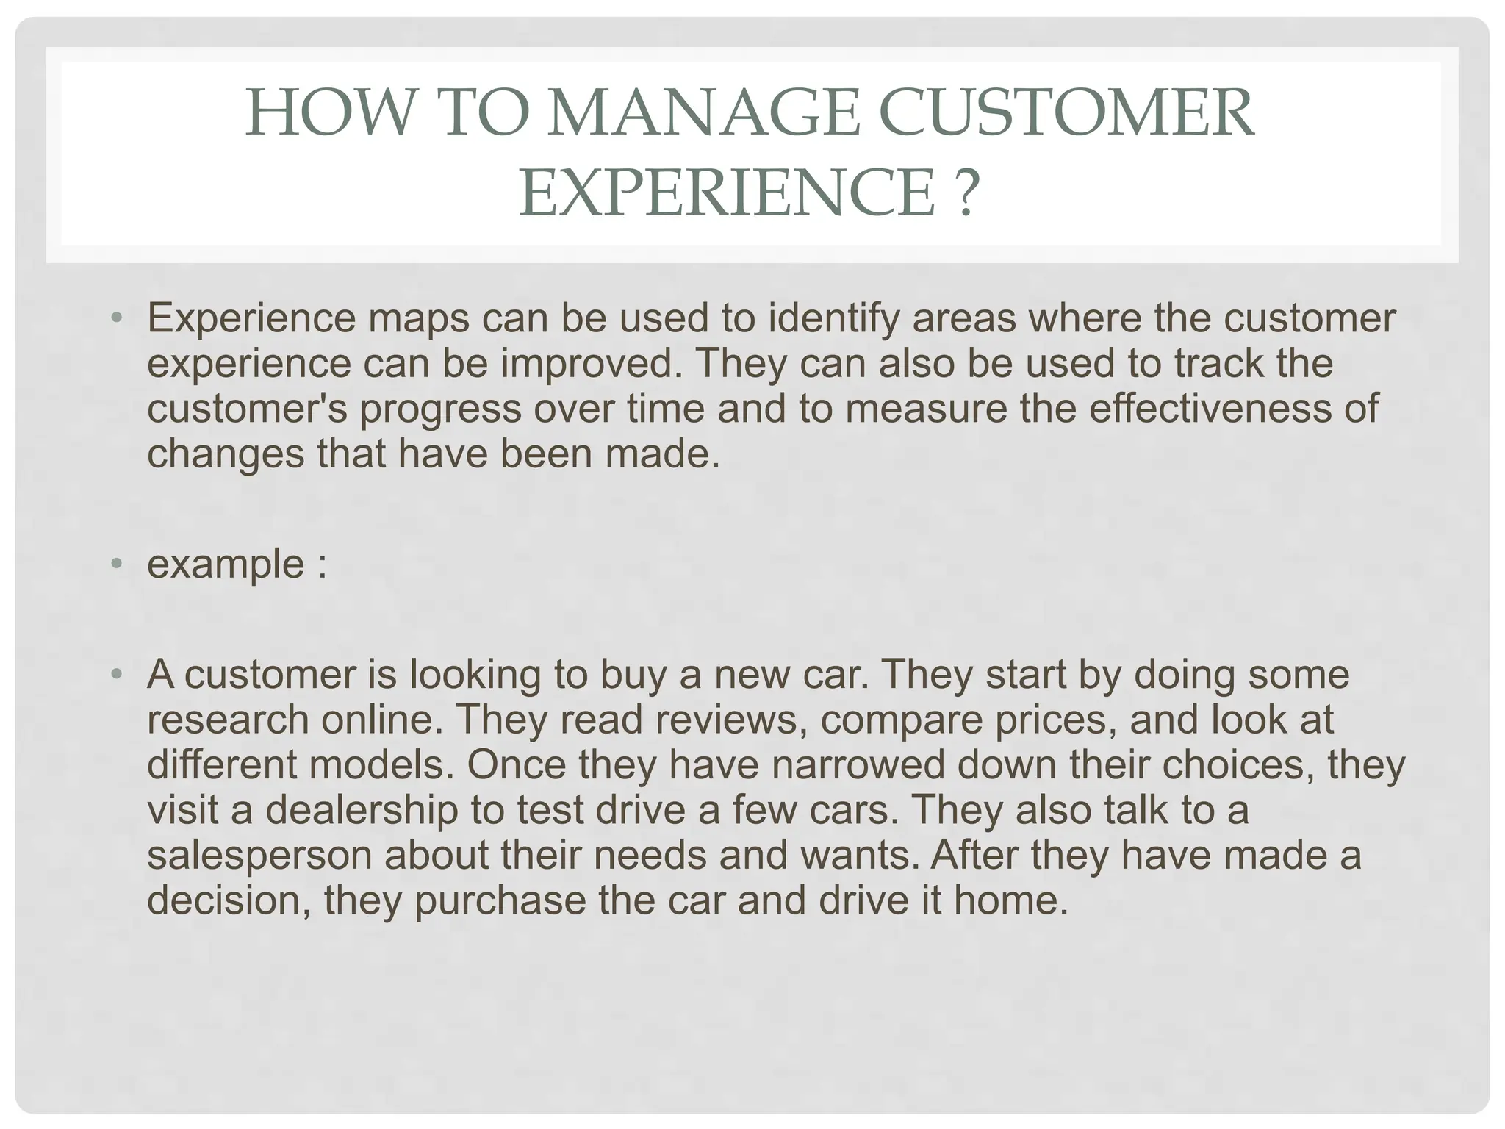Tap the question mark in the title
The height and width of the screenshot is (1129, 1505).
(x=969, y=192)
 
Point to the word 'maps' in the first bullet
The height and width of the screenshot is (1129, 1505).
(x=418, y=318)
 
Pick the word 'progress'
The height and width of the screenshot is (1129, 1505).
(x=440, y=409)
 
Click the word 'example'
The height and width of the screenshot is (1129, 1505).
(x=226, y=564)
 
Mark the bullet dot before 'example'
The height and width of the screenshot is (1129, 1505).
(x=116, y=564)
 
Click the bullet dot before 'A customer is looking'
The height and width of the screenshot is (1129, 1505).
(x=116, y=674)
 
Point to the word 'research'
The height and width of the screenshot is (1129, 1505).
(x=227, y=720)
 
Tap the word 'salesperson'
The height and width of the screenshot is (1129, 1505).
(x=259, y=856)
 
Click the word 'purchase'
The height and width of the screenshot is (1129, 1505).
(x=500, y=901)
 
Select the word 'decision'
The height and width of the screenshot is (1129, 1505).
(x=229, y=900)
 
